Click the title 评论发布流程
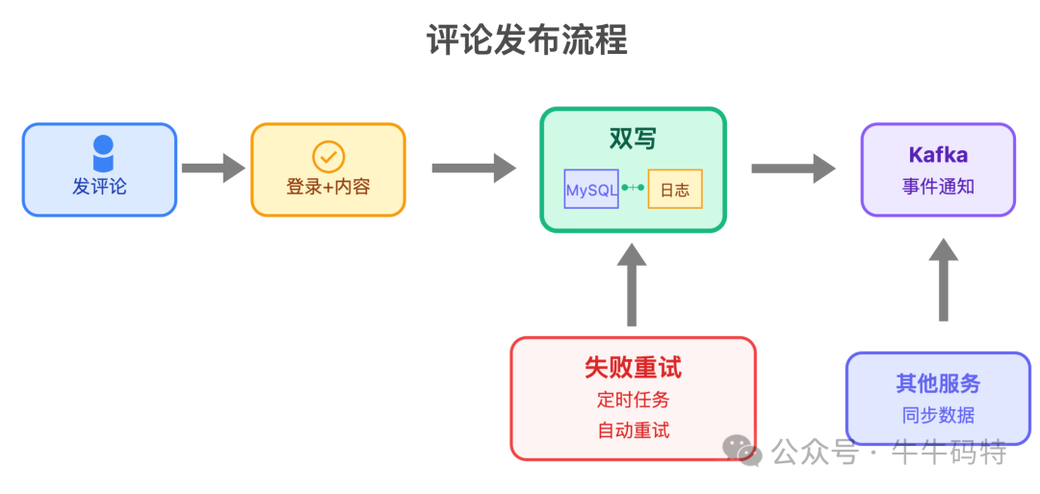click(527, 40)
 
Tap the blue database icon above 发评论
click(102, 154)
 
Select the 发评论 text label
click(99, 187)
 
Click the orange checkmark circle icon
click(328, 156)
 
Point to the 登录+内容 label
click(328, 187)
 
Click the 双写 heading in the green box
click(633, 139)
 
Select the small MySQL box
click(591, 190)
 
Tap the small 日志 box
click(675, 190)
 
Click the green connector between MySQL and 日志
click(633, 188)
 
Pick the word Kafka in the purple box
click(938, 155)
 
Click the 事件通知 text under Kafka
click(938, 187)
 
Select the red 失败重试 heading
click(633, 367)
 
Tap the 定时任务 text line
click(633, 399)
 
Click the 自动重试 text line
click(633, 430)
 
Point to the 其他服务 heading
click(938, 383)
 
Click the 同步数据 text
click(938, 415)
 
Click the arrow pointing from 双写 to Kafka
click(793, 169)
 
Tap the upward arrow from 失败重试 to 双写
click(633, 285)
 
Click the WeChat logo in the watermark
click(743, 451)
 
